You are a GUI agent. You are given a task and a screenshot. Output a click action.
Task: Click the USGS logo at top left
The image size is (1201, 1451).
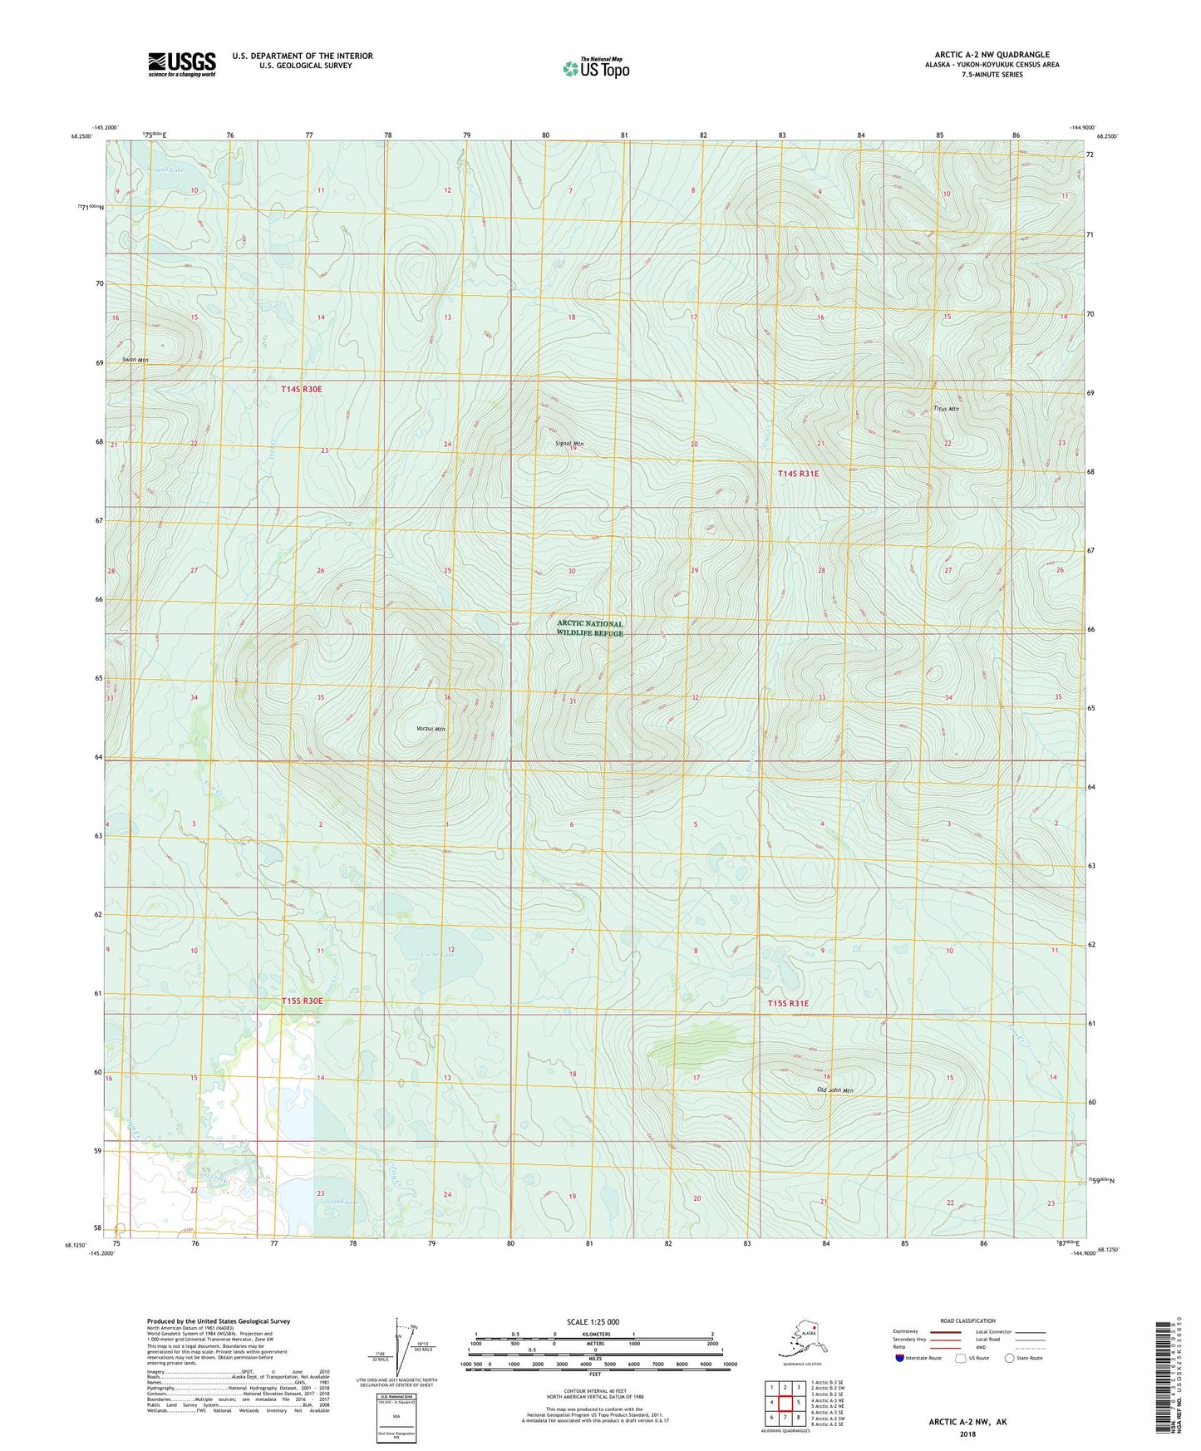coord(181,64)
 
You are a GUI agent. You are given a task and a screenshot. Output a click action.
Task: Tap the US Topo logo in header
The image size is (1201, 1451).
coord(595,68)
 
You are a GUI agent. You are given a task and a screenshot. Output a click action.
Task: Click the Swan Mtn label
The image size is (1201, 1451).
coord(135,360)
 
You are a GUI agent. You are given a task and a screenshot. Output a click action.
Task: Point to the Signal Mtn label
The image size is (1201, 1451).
coord(569,444)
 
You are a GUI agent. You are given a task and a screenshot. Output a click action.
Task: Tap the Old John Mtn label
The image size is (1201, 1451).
coord(835,1090)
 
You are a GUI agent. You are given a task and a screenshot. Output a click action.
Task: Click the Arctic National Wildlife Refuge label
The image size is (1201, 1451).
coord(589,628)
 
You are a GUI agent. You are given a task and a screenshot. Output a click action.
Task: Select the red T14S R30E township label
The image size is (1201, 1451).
coord(301,389)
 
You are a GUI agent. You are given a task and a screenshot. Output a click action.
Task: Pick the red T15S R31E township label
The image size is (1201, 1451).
coord(787,1003)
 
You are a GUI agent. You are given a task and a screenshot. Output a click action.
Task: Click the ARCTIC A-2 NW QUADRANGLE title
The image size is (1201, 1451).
coord(992,55)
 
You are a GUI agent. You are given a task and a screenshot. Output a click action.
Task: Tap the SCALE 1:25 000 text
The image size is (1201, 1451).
coord(593,1321)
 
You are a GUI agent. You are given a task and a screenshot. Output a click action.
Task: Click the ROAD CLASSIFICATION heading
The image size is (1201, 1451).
coord(967,1321)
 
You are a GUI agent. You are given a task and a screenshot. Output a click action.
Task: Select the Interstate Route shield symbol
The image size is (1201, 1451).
coord(900,1358)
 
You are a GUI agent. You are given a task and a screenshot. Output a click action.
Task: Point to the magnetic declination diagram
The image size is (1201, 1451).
coord(401,1353)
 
